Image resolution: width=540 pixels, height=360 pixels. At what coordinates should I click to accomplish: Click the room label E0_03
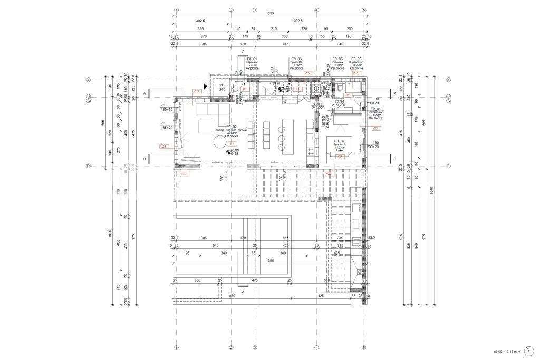[x=296, y=59]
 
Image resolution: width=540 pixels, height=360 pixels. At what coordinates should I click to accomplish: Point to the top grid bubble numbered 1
[x=177, y=10]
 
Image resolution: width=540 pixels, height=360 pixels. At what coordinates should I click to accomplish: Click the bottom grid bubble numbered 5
[x=364, y=348]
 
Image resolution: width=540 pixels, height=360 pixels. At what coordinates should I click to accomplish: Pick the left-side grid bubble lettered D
[x=89, y=166]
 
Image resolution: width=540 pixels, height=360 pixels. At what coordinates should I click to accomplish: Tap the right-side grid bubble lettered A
[x=448, y=80]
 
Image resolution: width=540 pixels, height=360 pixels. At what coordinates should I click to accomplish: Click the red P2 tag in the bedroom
[x=340, y=157]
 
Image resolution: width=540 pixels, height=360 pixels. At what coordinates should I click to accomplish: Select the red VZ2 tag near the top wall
[x=308, y=73]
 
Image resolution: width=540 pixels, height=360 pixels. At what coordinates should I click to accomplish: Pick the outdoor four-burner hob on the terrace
[x=358, y=242]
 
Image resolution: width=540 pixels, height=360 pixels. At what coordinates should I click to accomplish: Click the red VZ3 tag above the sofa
[x=197, y=91]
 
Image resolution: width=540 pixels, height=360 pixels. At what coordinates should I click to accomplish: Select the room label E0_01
[x=252, y=59]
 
